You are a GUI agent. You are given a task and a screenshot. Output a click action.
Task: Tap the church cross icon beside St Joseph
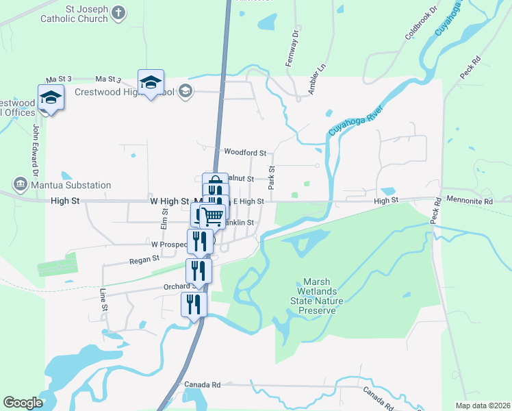pyautogui.click(x=119, y=12)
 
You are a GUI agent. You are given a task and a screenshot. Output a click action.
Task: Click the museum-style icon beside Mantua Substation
pyautogui.click(x=19, y=184)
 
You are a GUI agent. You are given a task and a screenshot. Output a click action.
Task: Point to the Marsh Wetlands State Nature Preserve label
pyautogui.click(x=317, y=296)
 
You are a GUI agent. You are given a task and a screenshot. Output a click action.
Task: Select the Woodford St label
pyautogui.click(x=244, y=152)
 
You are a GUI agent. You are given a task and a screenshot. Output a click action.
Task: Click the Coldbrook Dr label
pyautogui.click(x=420, y=23)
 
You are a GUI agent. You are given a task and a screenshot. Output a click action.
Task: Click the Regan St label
pyautogui.click(x=145, y=259)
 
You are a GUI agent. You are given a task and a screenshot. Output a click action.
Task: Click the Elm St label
pyautogui.click(x=164, y=219)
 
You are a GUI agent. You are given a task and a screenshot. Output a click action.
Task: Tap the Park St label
pyautogui.click(x=272, y=177)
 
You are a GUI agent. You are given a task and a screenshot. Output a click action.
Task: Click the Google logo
pyautogui.click(x=23, y=403)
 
